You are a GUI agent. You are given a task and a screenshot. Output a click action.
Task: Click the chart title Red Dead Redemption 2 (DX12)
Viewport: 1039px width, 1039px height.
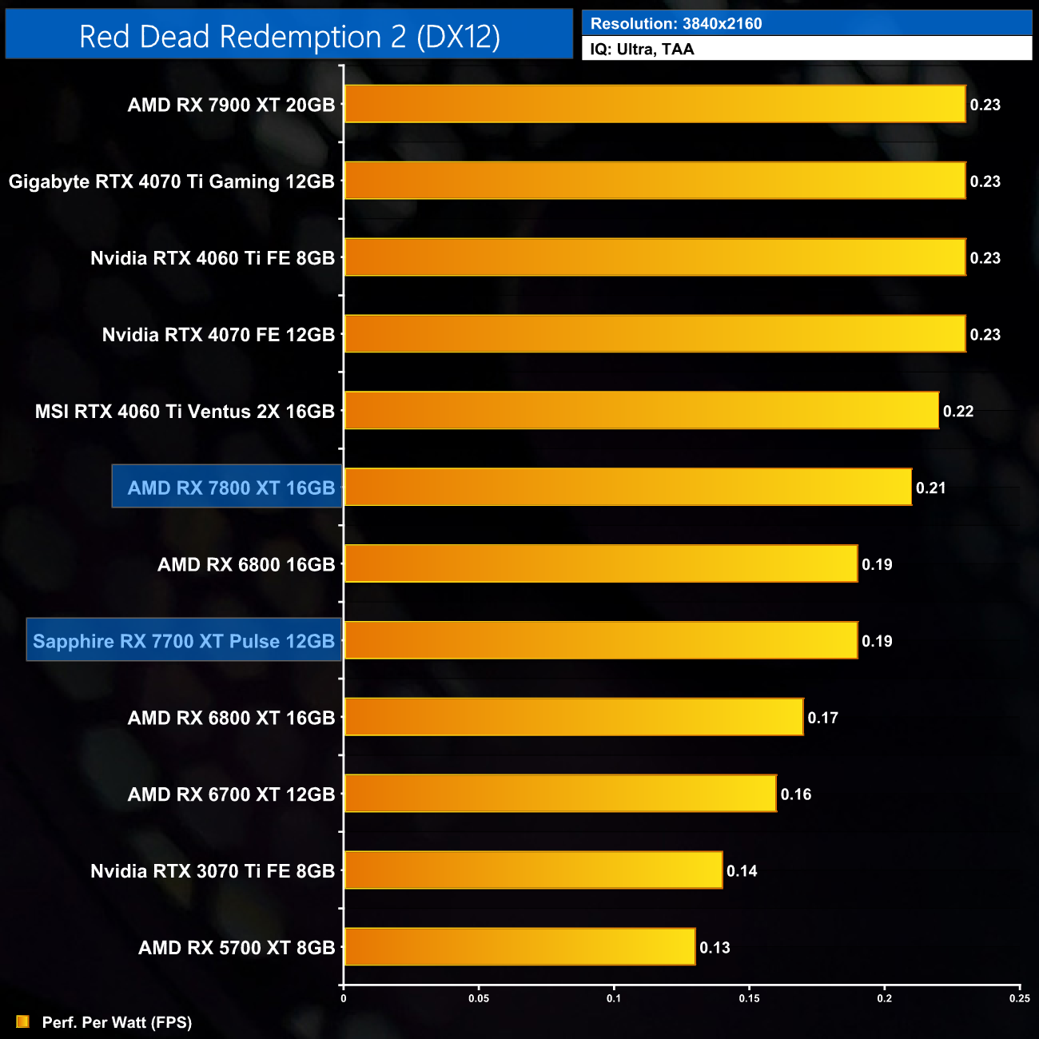point(289,37)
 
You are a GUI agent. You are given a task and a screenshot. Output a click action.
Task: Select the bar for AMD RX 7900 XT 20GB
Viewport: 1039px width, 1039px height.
point(655,104)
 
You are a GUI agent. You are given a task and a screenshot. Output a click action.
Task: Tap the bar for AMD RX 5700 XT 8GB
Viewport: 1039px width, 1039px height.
point(519,947)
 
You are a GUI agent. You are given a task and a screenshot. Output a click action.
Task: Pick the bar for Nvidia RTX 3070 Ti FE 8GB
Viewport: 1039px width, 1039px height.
point(533,870)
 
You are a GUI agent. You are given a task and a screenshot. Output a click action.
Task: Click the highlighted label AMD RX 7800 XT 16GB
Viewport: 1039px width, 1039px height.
point(231,488)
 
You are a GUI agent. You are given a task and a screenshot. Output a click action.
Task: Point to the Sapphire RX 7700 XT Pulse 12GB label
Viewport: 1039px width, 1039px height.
point(184,641)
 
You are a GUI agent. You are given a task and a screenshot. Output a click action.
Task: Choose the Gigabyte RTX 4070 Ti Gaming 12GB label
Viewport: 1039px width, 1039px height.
point(172,181)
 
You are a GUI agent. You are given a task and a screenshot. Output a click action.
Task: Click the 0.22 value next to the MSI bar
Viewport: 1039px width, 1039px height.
point(958,412)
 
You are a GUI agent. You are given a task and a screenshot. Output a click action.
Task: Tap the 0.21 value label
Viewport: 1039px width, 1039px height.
point(931,488)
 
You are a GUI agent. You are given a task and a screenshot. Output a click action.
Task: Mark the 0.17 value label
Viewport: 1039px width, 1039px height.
point(822,718)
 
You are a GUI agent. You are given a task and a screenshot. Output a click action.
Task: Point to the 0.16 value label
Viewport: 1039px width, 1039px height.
point(796,794)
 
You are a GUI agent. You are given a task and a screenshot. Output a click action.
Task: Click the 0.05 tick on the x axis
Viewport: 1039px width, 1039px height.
point(479,998)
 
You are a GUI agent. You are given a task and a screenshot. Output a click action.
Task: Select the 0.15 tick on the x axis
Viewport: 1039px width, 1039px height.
point(750,998)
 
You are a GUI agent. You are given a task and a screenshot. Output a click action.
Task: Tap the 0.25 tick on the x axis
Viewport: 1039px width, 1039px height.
point(1020,998)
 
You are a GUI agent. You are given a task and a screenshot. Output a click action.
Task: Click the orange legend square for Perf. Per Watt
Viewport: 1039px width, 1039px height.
point(22,1022)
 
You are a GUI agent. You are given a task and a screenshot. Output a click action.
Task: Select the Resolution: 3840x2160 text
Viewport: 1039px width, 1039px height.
point(676,24)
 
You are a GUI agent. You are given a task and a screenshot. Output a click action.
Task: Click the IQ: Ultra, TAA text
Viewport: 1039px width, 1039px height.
point(642,50)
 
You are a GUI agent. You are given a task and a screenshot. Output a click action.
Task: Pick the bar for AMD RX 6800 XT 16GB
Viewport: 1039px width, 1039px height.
point(574,717)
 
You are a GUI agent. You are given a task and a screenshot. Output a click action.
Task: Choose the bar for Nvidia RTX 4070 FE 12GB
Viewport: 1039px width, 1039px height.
point(655,334)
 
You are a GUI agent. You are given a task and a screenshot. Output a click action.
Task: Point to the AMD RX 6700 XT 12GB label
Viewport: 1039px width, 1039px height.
point(231,794)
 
